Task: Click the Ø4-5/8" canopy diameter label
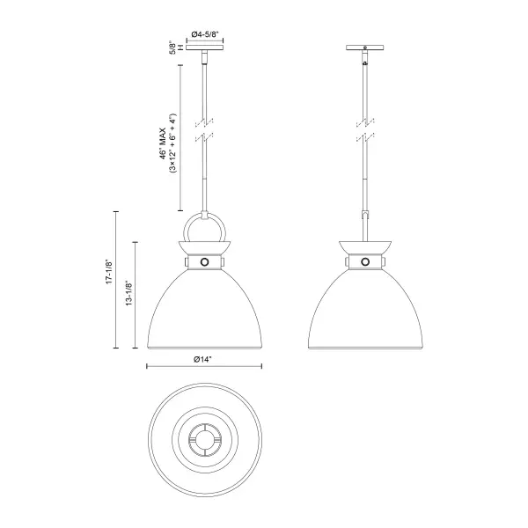tap(205, 34)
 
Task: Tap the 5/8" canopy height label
tap(172, 48)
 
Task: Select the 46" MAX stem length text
tap(164, 143)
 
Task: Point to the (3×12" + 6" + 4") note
tap(173, 143)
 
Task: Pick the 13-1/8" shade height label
tap(128, 294)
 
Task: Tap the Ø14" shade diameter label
tap(202, 360)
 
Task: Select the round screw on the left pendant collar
tap(204, 262)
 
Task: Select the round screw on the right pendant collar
tap(365, 262)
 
